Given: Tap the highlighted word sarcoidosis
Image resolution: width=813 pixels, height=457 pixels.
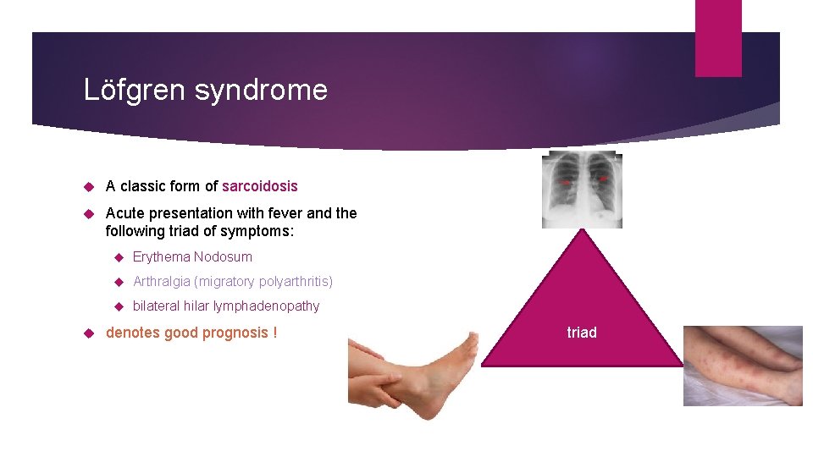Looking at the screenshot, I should pos(260,186).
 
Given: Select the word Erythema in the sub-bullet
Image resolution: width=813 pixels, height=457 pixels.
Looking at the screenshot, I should pos(161,257).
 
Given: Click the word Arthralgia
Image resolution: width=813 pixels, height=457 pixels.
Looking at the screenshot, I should pos(162,281).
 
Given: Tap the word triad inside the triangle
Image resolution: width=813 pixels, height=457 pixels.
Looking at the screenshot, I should pos(582,333).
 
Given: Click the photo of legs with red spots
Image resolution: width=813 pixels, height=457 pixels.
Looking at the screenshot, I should pos(743,366).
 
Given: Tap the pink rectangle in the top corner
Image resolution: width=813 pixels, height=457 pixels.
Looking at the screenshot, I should pos(718,38).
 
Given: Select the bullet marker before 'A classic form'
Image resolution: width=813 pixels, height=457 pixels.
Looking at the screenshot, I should pos(88,186).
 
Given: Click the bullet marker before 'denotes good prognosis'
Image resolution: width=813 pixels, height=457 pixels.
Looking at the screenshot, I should pos(88,333).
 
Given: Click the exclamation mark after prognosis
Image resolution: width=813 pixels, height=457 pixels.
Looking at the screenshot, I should pos(274,333).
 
